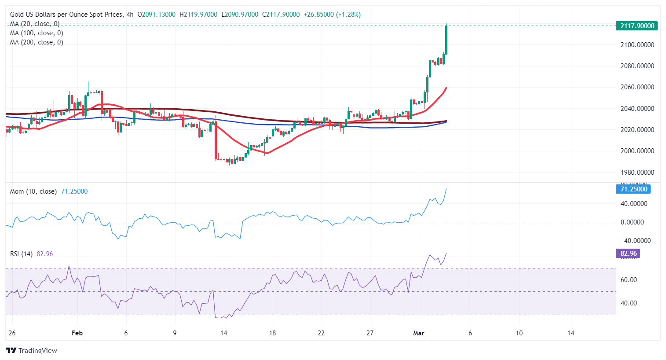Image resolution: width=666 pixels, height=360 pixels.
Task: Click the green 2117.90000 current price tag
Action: coord(637,26)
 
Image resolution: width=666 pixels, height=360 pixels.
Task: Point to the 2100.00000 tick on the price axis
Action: coord(637,45)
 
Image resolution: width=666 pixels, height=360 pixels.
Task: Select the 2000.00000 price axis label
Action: coord(637,151)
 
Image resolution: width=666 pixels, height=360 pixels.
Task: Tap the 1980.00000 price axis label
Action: coord(637,173)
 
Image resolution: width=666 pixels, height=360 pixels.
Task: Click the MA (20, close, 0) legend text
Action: coord(35,24)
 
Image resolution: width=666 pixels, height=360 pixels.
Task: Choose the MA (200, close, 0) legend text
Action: coord(37,42)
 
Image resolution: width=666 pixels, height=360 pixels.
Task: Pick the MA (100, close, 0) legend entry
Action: coord(37,33)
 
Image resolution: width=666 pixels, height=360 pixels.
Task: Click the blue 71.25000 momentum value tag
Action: coord(633,189)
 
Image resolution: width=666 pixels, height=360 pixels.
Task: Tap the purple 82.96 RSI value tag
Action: coord(629,253)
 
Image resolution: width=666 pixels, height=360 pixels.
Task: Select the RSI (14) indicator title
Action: coord(21,254)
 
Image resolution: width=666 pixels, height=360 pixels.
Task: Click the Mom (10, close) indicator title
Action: coord(33,191)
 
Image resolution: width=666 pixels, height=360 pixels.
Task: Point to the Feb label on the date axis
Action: coord(77,333)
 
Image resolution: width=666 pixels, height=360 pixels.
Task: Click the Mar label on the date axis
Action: coord(419,333)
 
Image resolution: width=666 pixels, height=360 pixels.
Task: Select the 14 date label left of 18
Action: coord(223,333)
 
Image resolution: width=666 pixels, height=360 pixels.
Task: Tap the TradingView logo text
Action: coord(37,351)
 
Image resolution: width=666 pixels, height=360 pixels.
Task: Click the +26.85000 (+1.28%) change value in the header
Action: coord(332,15)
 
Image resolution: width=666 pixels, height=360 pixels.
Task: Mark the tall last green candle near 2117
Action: coord(446,40)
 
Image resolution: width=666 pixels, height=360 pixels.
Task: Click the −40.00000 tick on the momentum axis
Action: coord(635,241)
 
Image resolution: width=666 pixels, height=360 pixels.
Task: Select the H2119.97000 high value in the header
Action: coord(198,15)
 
